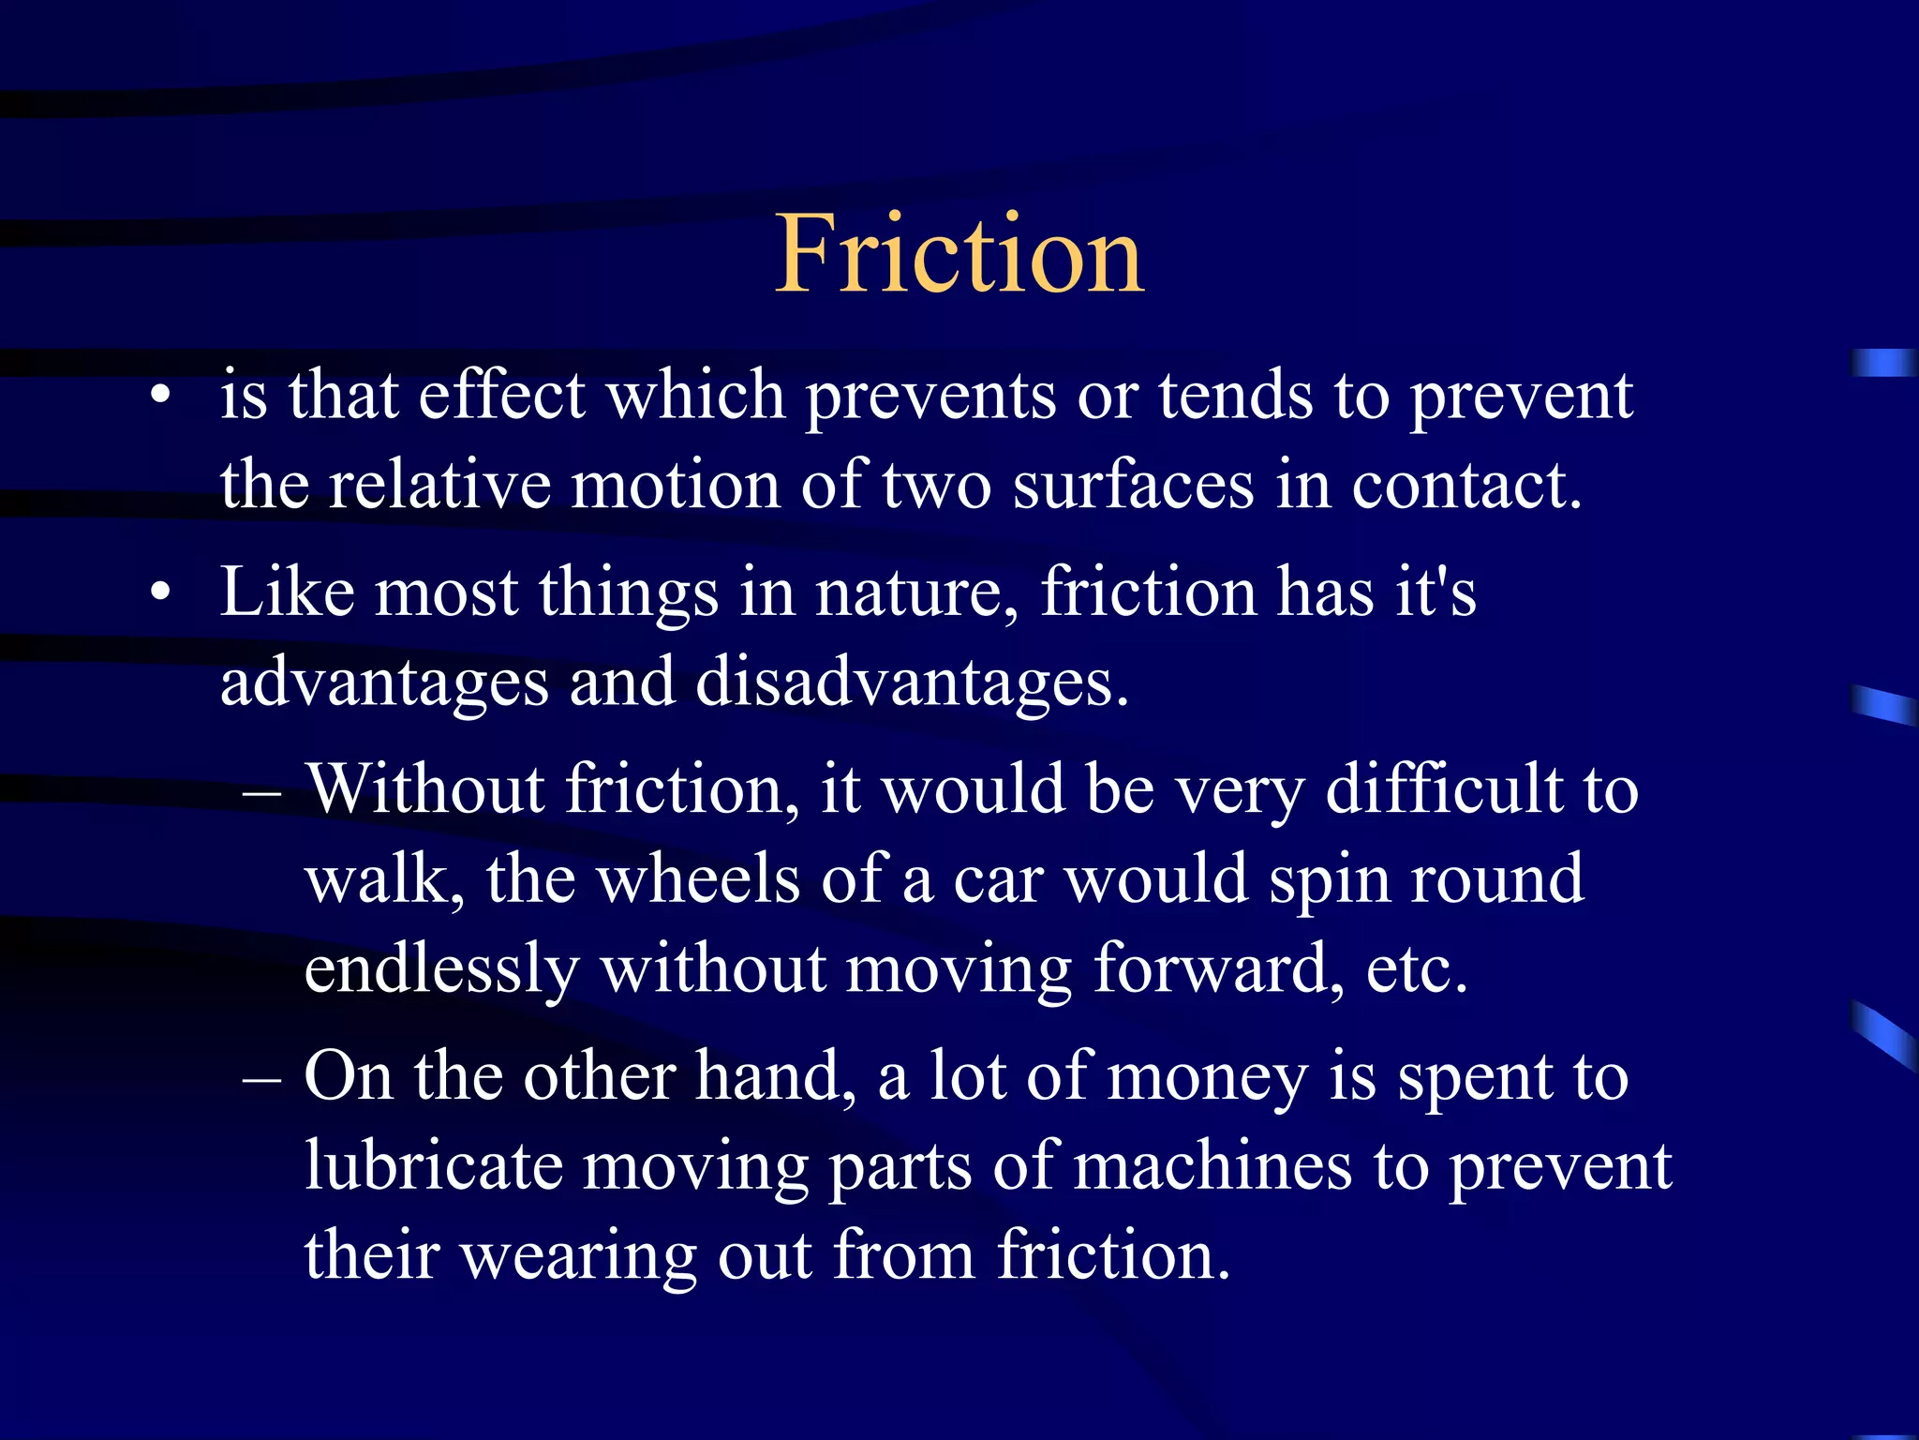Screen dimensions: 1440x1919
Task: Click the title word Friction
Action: [x=959, y=253]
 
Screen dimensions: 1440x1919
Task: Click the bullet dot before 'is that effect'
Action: [x=161, y=395]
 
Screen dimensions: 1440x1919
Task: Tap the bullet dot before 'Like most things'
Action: [x=161, y=592]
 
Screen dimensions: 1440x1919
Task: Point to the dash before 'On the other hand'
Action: [x=261, y=1079]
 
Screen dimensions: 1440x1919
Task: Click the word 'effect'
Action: [x=502, y=395]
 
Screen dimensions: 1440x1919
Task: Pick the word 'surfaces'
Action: [x=1133, y=485]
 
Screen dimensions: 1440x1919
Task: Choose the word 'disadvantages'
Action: [x=912, y=682]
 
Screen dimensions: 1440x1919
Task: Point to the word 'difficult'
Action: [x=1444, y=789]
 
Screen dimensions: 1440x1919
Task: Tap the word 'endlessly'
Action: [x=441, y=969]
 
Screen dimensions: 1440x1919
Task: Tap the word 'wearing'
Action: [x=580, y=1256]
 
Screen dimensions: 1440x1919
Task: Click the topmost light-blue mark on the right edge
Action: [x=1883, y=363]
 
